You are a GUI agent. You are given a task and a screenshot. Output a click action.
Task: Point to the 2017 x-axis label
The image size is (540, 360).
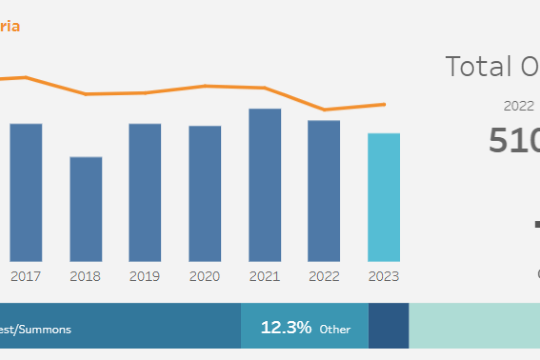[x=26, y=276]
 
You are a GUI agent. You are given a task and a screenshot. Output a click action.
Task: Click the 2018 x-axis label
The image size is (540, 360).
[x=85, y=276]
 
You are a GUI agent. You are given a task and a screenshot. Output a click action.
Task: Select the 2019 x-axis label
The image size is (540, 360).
[x=145, y=276]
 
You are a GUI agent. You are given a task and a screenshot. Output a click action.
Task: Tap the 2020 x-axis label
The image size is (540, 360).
[x=204, y=276]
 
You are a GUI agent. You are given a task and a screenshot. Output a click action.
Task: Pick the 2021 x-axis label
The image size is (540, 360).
[x=264, y=276]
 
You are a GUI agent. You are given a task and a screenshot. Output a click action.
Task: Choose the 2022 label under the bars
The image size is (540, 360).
[x=324, y=276]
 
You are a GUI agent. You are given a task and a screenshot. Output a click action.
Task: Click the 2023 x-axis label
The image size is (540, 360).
[x=384, y=276]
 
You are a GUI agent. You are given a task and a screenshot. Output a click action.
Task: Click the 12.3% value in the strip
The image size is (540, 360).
[x=286, y=328]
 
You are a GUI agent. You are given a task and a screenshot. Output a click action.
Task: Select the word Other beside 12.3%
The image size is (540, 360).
[x=335, y=330]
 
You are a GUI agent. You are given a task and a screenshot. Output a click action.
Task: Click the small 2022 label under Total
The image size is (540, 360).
[x=519, y=106]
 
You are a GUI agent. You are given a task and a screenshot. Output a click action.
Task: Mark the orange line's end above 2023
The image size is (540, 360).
[x=384, y=104]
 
